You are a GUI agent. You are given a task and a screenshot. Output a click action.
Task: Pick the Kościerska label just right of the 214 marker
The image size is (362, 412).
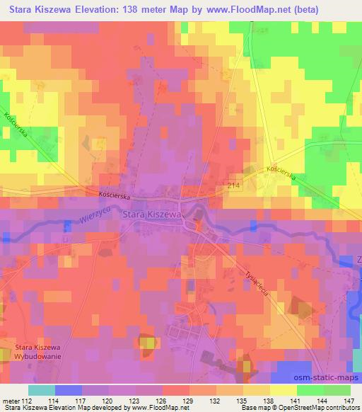(x=284, y=172)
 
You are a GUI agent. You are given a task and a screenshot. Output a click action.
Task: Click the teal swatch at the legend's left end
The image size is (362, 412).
(x=41, y=390)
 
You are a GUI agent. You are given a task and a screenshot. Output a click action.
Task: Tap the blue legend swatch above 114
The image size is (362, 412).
(x=68, y=390)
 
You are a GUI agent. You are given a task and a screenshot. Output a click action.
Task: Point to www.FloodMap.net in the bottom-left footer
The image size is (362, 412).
(x=153, y=408)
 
